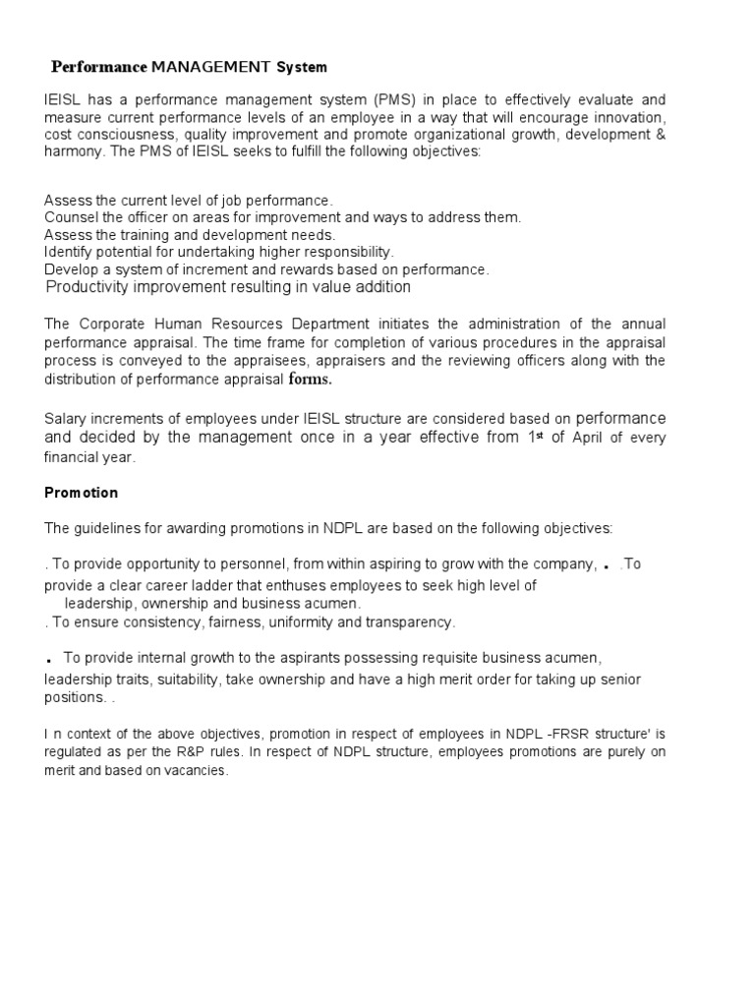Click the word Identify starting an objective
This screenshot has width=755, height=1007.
68,252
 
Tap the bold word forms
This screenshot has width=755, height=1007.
311,380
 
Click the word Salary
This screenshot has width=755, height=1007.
65,417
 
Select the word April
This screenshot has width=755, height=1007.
588,438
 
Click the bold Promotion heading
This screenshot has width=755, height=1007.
81,492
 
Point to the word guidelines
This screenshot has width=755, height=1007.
115,528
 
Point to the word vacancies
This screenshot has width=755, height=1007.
197,771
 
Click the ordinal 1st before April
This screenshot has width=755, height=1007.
535,437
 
